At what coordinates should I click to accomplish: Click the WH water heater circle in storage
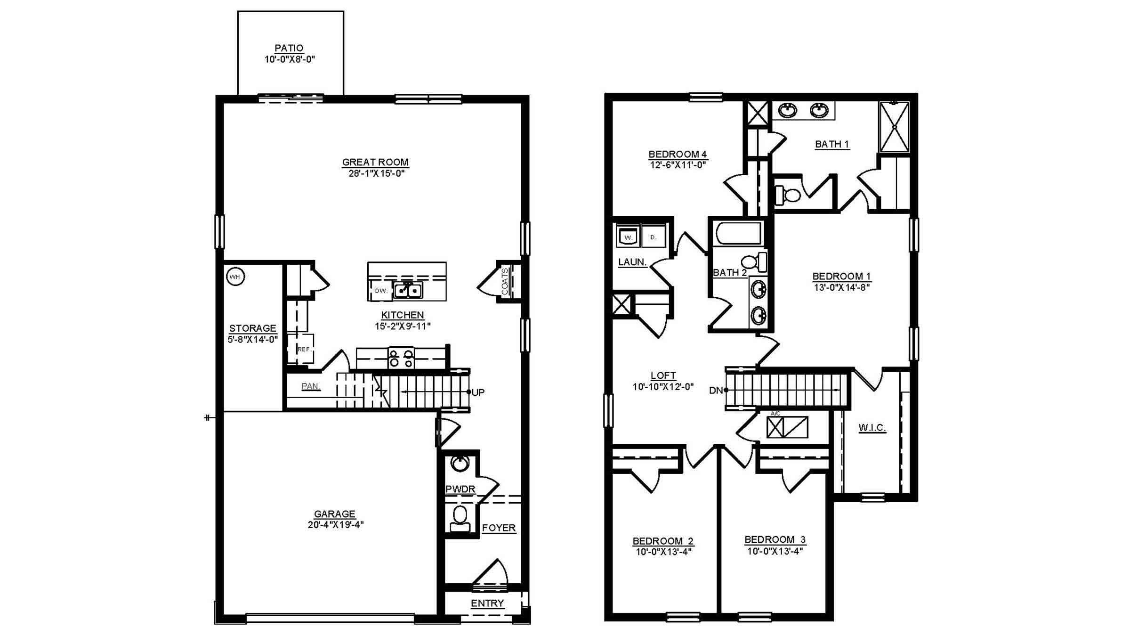click(235, 277)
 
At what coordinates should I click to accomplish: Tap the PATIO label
click(289, 48)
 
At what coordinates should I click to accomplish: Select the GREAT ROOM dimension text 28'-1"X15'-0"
click(376, 173)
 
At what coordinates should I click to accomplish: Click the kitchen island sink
click(408, 290)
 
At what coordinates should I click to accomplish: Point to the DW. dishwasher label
click(381, 291)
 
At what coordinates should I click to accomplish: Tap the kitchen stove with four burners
click(401, 358)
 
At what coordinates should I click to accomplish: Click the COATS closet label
click(505, 281)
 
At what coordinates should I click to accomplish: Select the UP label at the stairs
click(478, 392)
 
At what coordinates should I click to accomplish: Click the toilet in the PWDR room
click(460, 519)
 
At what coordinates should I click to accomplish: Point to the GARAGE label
click(335, 514)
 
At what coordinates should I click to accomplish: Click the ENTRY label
click(487, 603)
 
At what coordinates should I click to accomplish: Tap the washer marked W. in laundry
click(628, 237)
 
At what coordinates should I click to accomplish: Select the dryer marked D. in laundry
click(653, 237)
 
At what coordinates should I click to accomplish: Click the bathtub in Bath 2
click(738, 234)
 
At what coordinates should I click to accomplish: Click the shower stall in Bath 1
click(894, 127)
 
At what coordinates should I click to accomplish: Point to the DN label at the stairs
click(716, 391)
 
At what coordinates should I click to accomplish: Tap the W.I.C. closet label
click(872, 427)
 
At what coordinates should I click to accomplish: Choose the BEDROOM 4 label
click(678, 154)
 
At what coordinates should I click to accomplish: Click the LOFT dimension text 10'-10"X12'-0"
click(663, 387)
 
